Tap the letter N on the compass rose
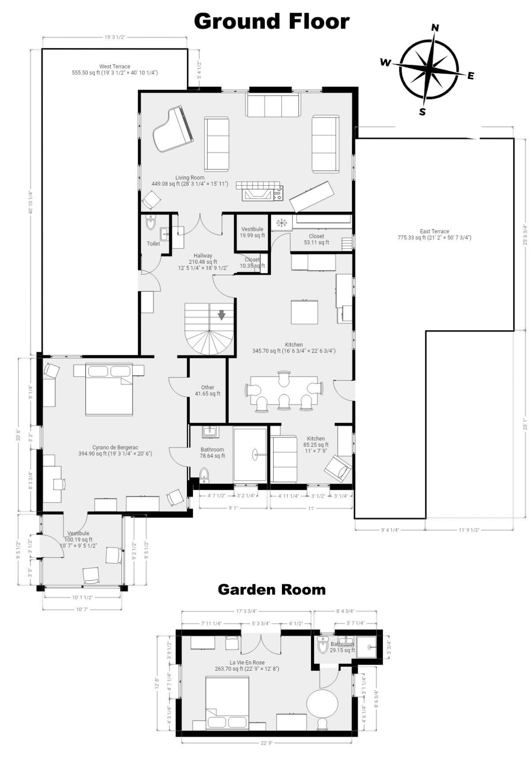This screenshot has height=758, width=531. (x=435, y=28)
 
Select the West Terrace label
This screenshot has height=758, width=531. (x=115, y=69)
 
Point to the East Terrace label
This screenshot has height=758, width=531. (x=435, y=234)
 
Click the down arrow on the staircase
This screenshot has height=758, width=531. (x=222, y=315)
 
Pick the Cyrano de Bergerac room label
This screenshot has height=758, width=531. (x=115, y=450)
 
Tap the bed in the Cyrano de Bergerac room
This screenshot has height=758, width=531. (x=109, y=390)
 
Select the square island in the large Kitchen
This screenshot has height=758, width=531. (x=305, y=312)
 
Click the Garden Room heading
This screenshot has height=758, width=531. (x=272, y=589)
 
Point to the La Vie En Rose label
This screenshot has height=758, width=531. (x=247, y=666)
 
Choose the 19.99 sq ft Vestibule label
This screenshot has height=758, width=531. (x=252, y=232)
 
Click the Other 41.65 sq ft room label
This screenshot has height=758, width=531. (x=208, y=391)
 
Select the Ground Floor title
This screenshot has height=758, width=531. (x=272, y=21)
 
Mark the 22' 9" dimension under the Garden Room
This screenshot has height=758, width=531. (x=267, y=743)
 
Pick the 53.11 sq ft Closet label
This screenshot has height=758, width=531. (x=316, y=239)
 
